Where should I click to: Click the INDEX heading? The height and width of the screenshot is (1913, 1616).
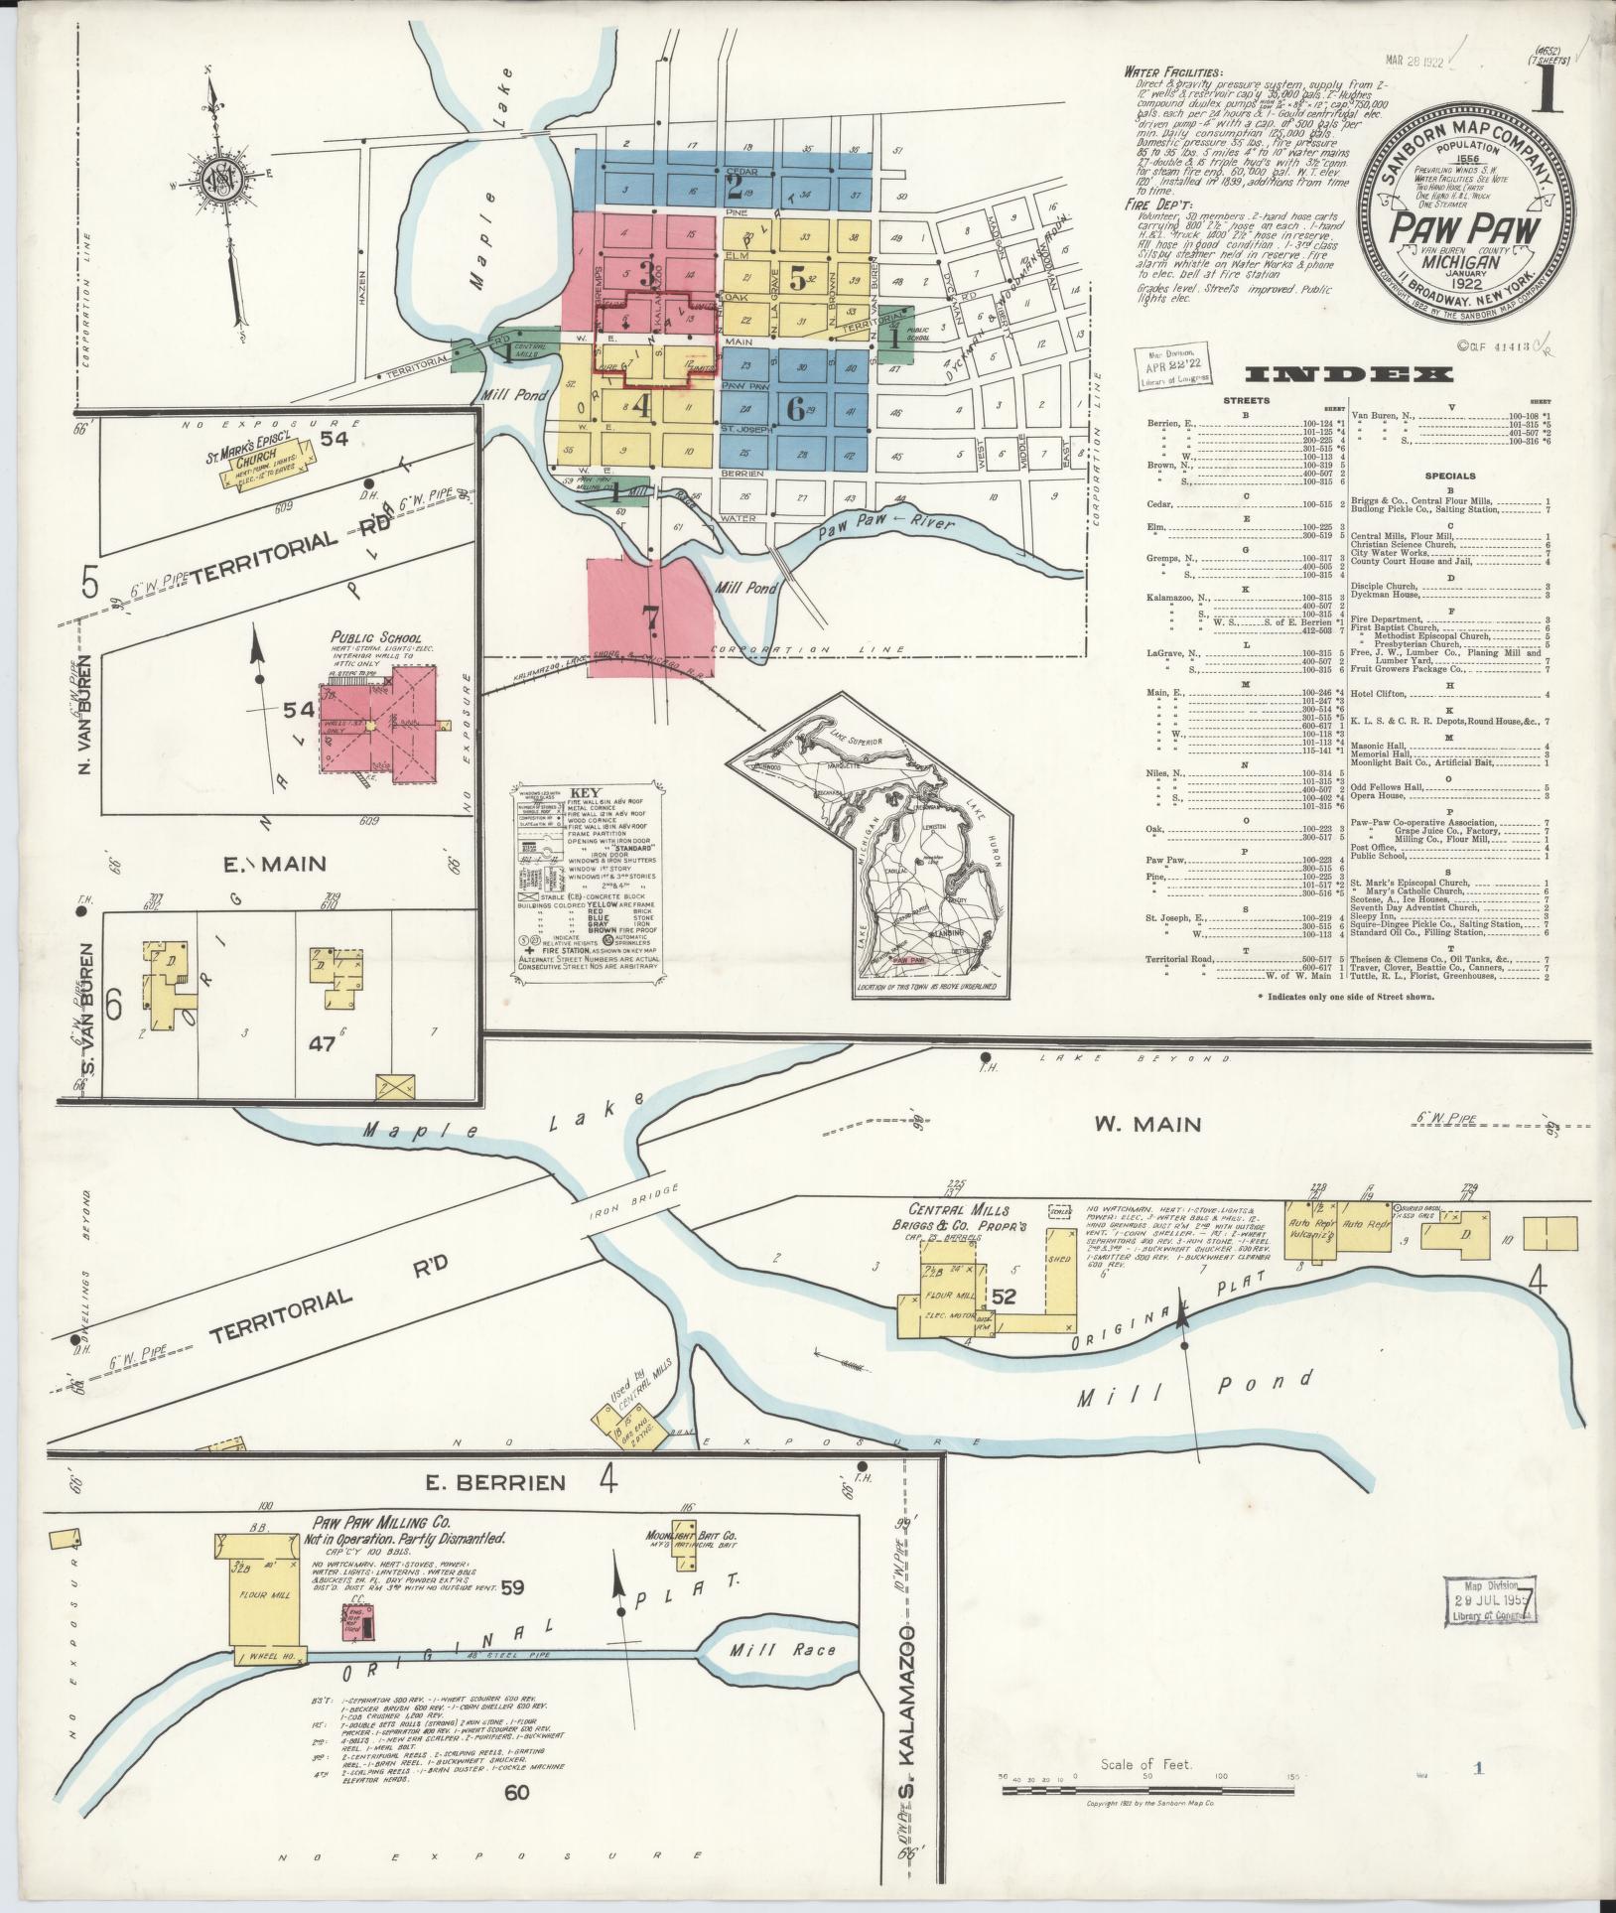pyautogui.click(x=1349, y=374)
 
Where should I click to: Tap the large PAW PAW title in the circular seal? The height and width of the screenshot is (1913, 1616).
pyautogui.click(x=1464, y=230)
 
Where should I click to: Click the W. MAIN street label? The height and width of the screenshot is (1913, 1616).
pyautogui.click(x=1147, y=1124)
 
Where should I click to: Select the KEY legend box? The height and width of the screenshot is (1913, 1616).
pyautogui.click(x=585, y=886)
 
